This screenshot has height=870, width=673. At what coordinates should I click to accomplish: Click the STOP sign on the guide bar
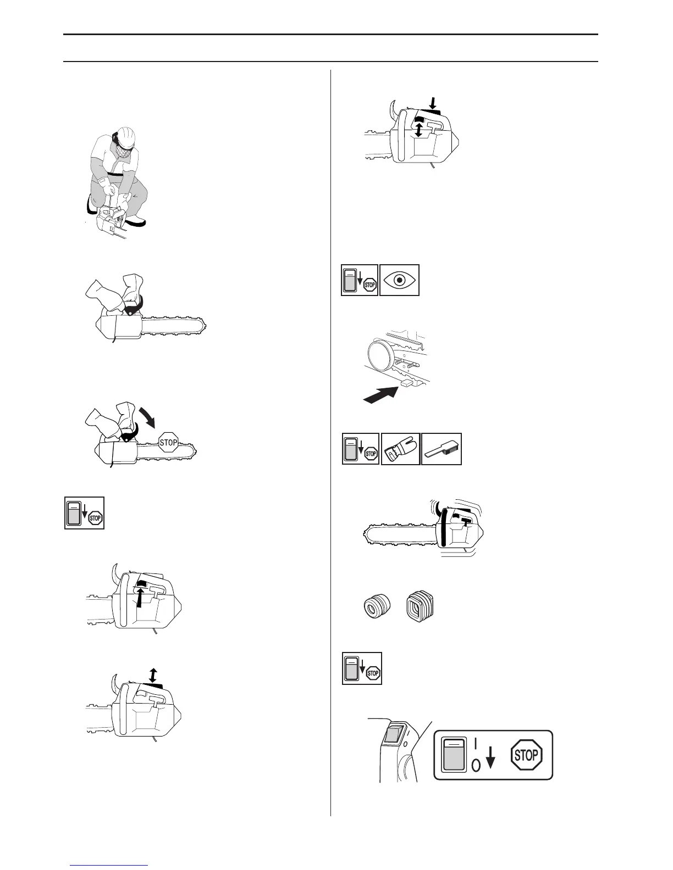168,443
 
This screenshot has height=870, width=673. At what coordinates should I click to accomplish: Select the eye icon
400,280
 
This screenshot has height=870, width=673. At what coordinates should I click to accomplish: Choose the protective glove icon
400,449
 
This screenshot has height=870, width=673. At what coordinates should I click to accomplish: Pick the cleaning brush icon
441,449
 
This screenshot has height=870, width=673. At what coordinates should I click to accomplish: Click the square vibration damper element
420,607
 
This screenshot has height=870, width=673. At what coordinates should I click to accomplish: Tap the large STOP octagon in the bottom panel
526,755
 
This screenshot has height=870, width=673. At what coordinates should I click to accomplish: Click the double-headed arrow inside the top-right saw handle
420,130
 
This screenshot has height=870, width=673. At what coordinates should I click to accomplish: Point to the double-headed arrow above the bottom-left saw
153,674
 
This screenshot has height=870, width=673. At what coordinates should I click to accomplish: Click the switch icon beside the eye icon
360,280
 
